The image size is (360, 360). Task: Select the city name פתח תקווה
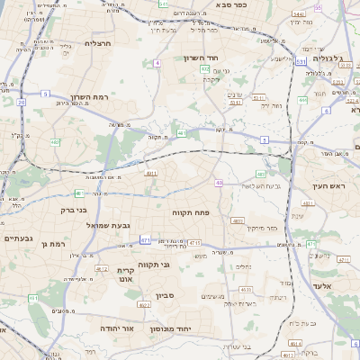[x=190, y=211]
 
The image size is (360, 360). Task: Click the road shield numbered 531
[x=301, y=62]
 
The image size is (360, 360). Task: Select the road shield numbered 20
[x=21, y=102]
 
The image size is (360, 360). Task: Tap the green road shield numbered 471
[x=146, y=240]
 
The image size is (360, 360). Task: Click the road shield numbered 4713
[x=194, y=243]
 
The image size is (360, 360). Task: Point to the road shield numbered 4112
[x=101, y=268]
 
